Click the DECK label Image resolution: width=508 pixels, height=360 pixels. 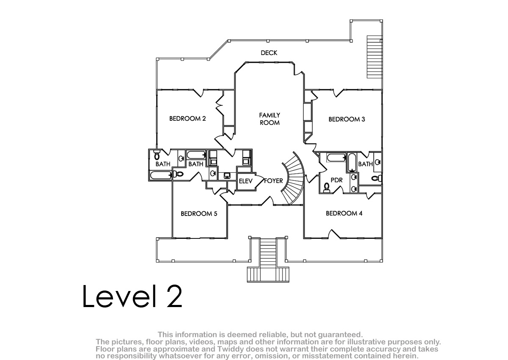tap(269, 53)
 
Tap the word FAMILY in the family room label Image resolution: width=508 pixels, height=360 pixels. tap(270, 115)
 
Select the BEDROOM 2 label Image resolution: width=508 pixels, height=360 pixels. tap(188, 119)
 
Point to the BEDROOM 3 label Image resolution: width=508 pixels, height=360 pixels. tap(347, 119)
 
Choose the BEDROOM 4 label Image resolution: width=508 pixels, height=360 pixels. tap(344, 213)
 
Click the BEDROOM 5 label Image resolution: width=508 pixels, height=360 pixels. tap(199, 213)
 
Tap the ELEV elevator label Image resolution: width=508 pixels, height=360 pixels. tap(246, 181)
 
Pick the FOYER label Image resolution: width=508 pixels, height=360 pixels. tap(273, 181)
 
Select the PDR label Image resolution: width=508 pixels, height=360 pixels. tap(337, 180)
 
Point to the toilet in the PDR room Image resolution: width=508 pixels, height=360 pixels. tap(326, 188)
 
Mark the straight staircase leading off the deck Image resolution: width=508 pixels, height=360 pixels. tap(375, 57)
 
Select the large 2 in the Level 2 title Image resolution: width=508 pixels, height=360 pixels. tap(174, 296)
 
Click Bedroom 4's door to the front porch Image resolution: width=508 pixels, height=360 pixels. tap(334, 234)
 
